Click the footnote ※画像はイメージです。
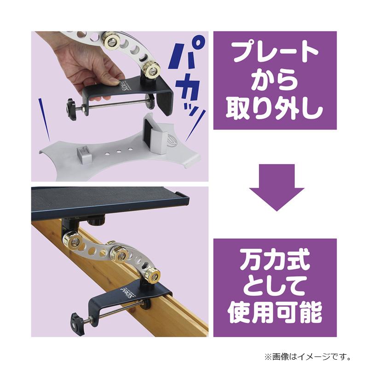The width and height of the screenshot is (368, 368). tap(308, 356)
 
